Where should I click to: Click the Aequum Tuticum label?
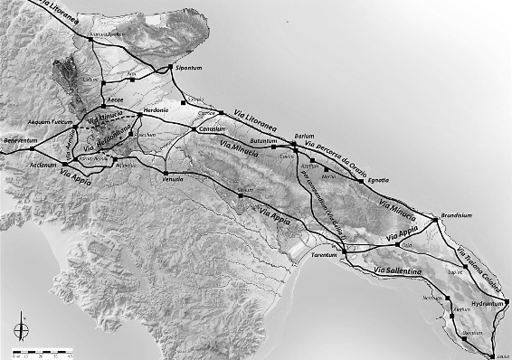(48, 121)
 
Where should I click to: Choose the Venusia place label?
(174, 180)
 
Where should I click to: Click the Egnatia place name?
(379, 180)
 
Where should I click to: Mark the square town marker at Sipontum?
(170, 68)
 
